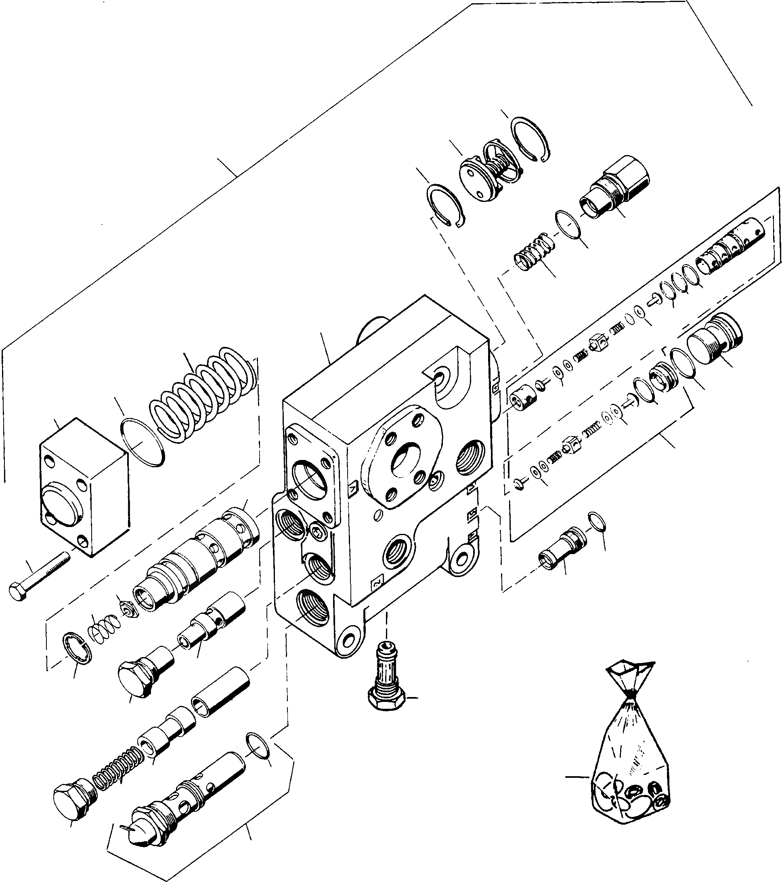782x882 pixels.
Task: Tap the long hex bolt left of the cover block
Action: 39,573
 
